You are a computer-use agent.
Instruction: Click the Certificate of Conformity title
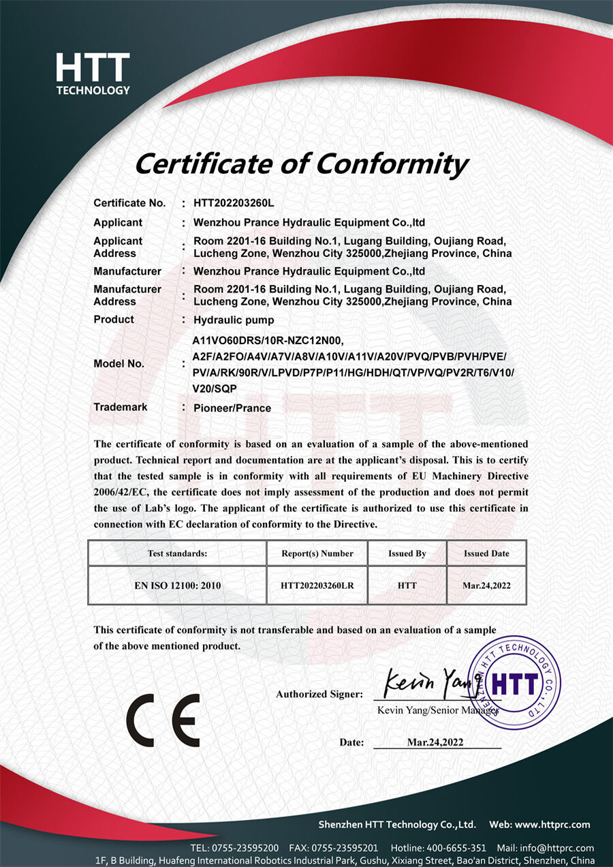pyautogui.click(x=301, y=164)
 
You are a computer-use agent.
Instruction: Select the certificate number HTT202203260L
pyautogui.click(x=234, y=203)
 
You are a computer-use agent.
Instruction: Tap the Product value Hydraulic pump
pyautogui.click(x=234, y=320)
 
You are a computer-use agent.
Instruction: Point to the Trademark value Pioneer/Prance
pyautogui.click(x=232, y=408)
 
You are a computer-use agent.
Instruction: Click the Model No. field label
pyautogui.click(x=119, y=364)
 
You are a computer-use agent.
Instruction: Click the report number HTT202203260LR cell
pyautogui.click(x=317, y=585)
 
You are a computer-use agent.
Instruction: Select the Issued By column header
pyautogui.click(x=407, y=553)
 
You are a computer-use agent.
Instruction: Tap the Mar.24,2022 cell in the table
pyautogui.click(x=487, y=585)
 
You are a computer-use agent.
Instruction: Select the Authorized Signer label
pyautogui.click(x=319, y=694)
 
